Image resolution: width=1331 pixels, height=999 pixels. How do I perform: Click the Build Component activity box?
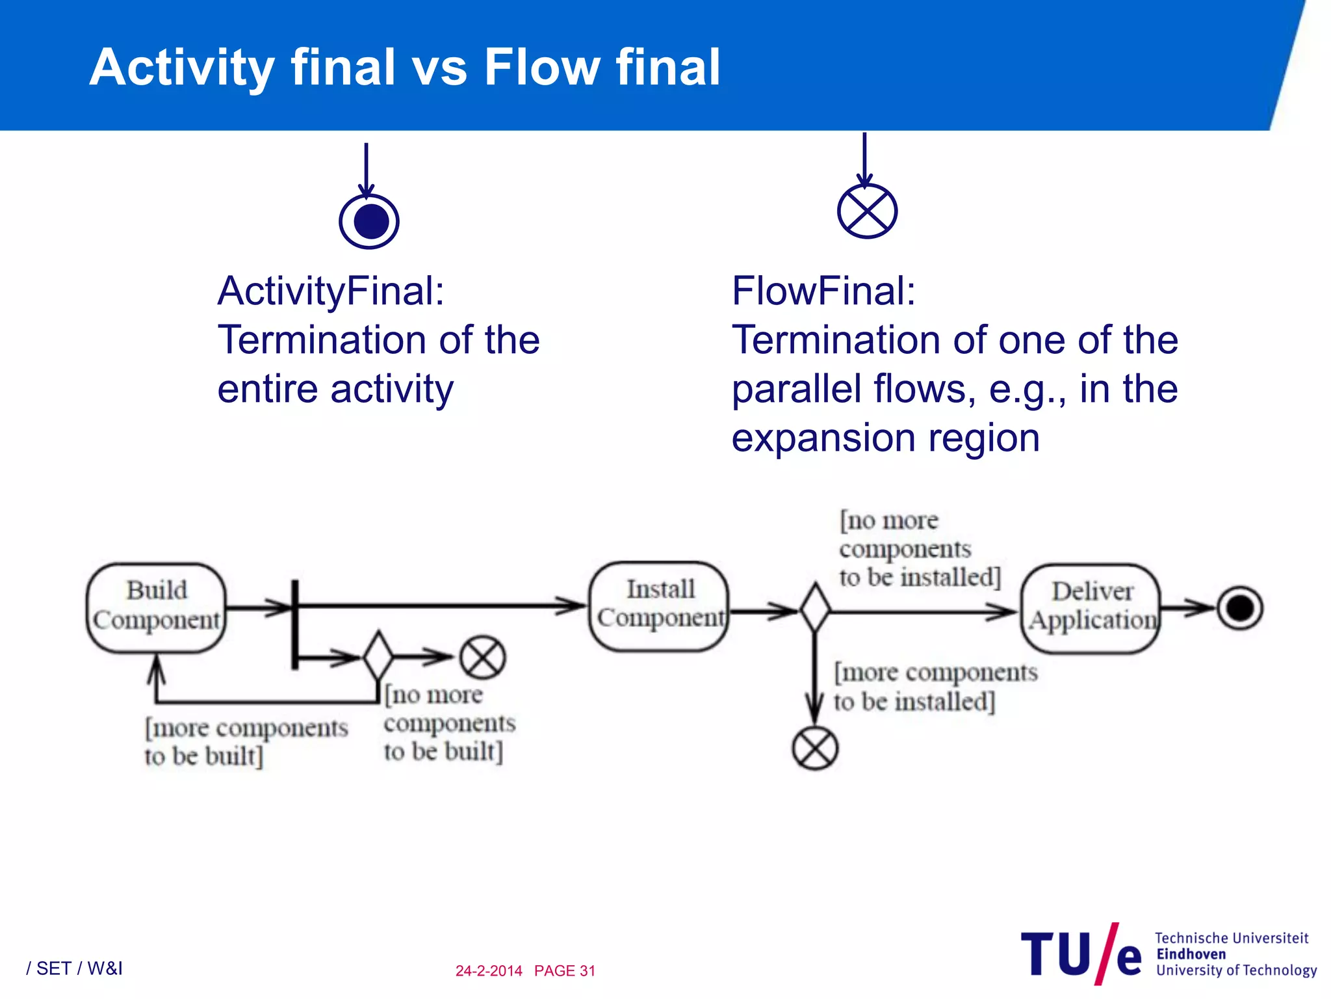pos(156,607)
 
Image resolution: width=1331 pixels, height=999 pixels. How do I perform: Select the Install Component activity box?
pos(659,606)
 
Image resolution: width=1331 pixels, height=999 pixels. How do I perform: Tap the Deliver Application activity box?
pos(1091,607)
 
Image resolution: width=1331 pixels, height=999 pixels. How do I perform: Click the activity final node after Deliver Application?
pos(1239,608)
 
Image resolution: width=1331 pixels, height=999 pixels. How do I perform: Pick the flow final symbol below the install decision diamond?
pos(815,748)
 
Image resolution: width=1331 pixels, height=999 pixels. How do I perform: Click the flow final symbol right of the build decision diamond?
pos(482,657)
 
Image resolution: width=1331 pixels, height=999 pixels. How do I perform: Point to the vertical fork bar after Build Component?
pos(294,624)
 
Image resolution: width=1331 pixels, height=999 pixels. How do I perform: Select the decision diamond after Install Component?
pos(815,608)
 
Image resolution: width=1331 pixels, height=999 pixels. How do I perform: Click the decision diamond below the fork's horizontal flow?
pos(378,656)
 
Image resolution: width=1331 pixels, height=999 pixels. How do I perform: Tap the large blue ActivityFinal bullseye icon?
pos(368,221)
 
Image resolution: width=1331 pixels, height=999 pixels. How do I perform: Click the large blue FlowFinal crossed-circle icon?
pos(867,211)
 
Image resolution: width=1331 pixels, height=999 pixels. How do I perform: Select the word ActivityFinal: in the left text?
pos(331,291)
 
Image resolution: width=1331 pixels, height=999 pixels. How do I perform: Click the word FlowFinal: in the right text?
pos(823,291)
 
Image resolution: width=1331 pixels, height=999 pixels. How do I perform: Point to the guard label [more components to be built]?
pos(246,742)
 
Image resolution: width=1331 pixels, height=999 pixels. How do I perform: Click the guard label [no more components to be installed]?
pos(918,549)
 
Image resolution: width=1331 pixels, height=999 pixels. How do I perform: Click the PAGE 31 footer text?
pos(564,970)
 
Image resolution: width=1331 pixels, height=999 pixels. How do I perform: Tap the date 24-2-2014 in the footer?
pos(489,970)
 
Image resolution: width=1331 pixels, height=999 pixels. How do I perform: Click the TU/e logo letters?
pos(1080,955)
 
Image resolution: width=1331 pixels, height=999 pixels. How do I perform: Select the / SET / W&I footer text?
pos(74,968)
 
